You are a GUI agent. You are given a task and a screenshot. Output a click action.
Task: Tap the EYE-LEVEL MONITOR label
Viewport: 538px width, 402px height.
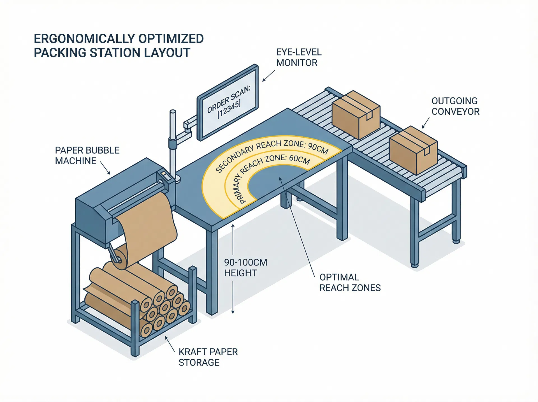pos(299,57)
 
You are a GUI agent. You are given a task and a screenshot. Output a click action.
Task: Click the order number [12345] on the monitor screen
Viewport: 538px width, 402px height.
pos(229,110)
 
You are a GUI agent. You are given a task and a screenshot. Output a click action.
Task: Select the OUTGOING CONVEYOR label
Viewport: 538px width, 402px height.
pos(455,106)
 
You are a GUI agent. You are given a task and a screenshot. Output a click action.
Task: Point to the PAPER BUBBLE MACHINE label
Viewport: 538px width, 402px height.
pos(87,156)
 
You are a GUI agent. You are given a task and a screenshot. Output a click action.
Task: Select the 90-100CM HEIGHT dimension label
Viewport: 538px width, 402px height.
pos(245,268)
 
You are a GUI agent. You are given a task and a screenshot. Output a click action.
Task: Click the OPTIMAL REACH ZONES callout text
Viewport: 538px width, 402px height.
pos(350,283)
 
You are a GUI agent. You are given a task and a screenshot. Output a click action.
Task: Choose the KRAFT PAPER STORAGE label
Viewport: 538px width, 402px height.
pos(208,357)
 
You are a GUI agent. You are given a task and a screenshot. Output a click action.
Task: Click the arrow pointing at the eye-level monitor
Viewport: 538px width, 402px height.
pos(268,76)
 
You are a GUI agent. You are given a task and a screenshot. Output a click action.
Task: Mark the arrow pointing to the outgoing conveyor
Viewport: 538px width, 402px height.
pos(425,123)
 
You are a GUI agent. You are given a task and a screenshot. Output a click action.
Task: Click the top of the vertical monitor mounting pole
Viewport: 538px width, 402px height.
pos(173,112)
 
